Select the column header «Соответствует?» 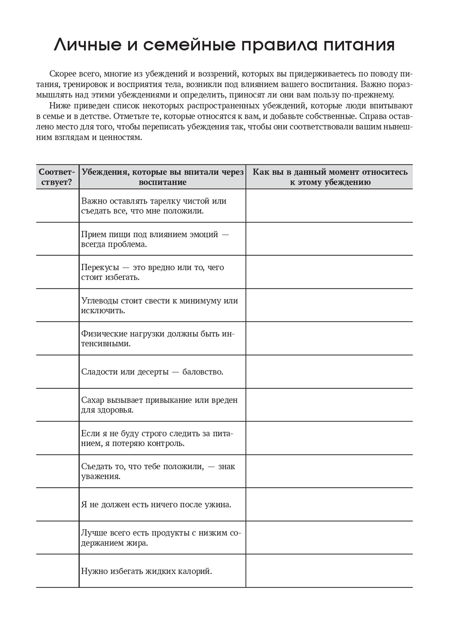tap(57, 177)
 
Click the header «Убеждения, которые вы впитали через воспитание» tap(162, 177)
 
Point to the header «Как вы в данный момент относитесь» tap(330, 172)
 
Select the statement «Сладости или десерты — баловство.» tap(152, 372)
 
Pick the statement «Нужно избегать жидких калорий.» tap(146, 571)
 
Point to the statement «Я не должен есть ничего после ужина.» tap(156, 504)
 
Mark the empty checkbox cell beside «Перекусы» tap(57, 272)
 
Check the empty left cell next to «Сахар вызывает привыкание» tap(57, 405)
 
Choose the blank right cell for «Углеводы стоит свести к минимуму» tap(329, 305)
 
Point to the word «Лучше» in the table tap(93, 533)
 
